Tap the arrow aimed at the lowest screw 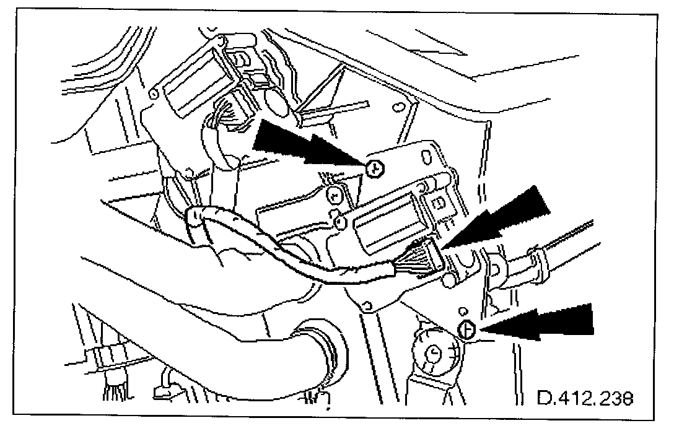click(x=537, y=321)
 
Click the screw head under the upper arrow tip click(x=375, y=168)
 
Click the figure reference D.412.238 click(x=585, y=398)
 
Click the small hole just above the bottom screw click(x=463, y=311)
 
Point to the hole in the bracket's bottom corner click(x=367, y=306)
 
